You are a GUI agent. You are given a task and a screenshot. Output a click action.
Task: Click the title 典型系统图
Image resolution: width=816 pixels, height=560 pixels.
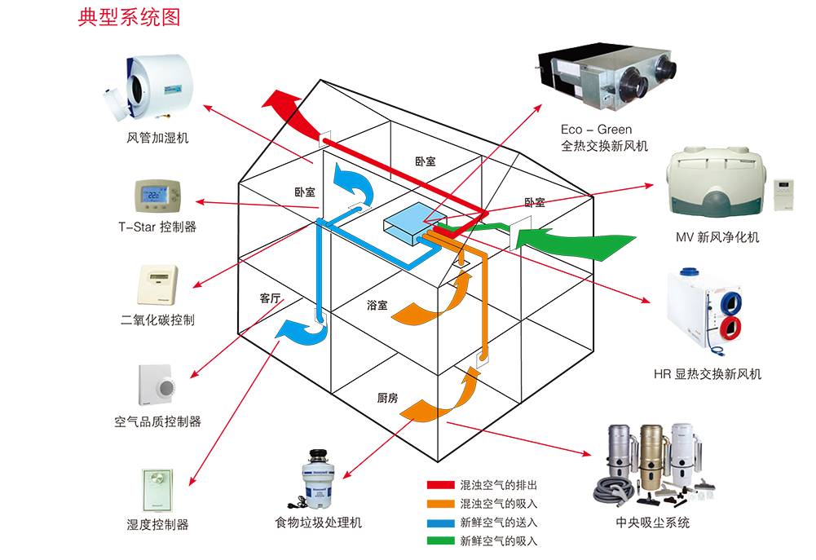click(x=129, y=17)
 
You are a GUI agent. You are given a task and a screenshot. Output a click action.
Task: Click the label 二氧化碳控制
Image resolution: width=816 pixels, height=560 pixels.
click(x=157, y=320)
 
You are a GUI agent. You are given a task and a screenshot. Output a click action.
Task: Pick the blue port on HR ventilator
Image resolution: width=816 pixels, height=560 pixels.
click(x=731, y=301)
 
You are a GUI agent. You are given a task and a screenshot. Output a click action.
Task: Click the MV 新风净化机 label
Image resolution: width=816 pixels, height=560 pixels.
click(x=717, y=237)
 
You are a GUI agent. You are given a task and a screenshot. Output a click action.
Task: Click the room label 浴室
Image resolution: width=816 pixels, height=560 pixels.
click(x=377, y=305)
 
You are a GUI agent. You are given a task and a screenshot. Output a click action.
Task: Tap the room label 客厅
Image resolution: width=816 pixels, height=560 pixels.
click(x=271, y=298)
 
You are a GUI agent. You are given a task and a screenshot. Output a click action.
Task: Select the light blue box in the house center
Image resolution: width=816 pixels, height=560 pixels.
click(x=405, y=223)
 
